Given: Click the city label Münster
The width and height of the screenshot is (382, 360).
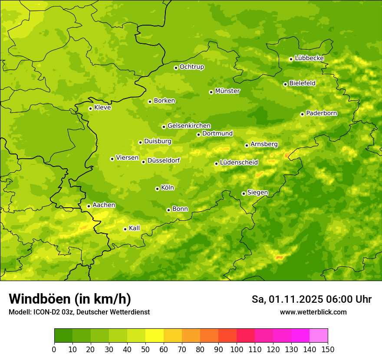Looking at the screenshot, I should pyautogui.click(x=227, y=91).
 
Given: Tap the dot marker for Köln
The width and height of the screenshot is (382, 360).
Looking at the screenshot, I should pyautogui.click(x=157, y=189).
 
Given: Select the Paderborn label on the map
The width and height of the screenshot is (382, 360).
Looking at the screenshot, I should pyautogui.click(x=322, y=113).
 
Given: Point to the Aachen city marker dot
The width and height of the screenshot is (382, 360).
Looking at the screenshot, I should pyautogui.click(x=89, y=206).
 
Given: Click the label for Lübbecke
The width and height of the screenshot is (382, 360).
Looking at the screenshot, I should pyautogui.click(x=310, y=58).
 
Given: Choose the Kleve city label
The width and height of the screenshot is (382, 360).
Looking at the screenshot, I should pyautogui.click(x=102, y=108).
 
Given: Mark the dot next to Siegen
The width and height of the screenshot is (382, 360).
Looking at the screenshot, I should pyautogui.click(x=244, y=193).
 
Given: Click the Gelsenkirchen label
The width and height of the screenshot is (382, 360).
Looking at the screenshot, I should pyautogui.click(x=189, y=126).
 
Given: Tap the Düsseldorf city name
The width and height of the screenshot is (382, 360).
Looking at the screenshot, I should pyautogui.click(x=164, y=160).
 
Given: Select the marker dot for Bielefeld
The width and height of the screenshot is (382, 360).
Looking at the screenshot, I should pyautogui.click(x=285, y=84).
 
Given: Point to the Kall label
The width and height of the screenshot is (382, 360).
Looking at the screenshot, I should pyautogui.click(x=135, y=228).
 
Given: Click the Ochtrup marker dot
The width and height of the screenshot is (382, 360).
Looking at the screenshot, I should pyautogui.click(x=176, y=68).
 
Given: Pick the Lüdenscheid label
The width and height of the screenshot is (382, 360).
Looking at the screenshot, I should pyautogui.click(x=239, y=163).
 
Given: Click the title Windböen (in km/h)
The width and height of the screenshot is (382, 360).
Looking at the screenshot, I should pyautogui.click(x=69, y=299).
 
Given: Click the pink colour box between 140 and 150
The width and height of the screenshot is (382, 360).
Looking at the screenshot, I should pyautogui.click(x=319, y=335).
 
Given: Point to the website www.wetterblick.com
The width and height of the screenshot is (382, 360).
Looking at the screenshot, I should pyautogui.click(x=313, y=312).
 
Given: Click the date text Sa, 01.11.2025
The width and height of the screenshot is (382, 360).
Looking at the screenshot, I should pyautogui.click(x=287, y=299).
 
